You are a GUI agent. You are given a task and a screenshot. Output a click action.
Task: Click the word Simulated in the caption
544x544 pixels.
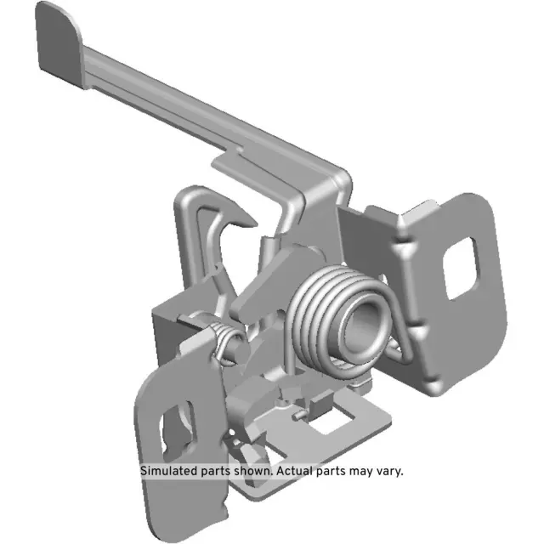170,471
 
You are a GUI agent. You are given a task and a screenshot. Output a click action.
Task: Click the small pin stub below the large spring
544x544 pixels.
295,417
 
